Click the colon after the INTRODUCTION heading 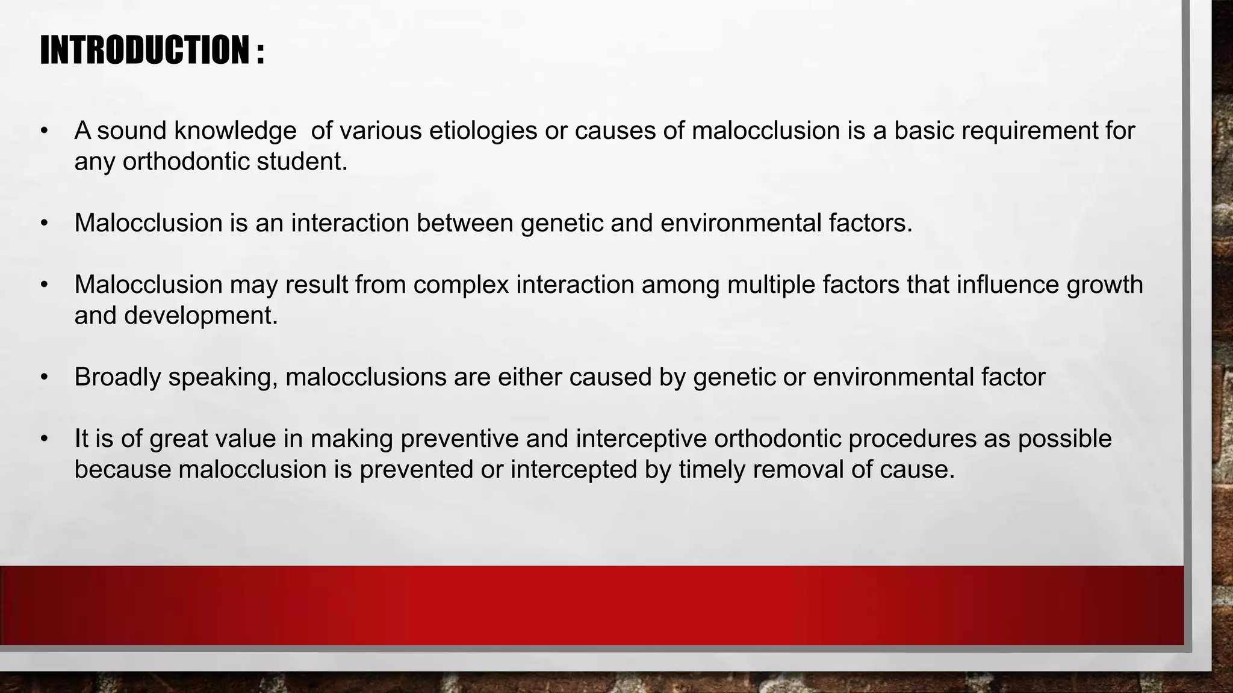pos(259,53)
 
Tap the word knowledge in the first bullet pos(235,131)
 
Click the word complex pos(461,285)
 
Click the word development pos(200,316)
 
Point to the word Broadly pos(117,378)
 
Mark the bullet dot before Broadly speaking pos(44,378)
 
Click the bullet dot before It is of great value pos(44,439)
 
